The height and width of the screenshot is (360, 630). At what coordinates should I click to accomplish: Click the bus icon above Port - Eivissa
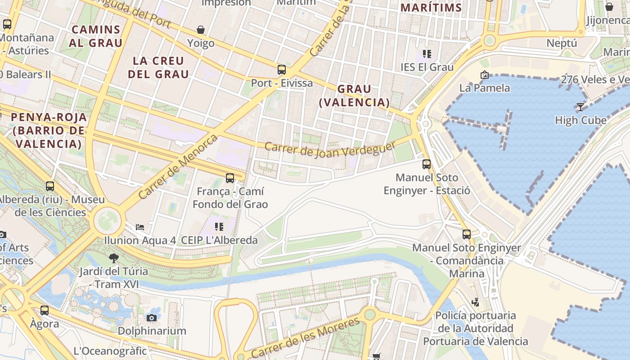tap(282, 70)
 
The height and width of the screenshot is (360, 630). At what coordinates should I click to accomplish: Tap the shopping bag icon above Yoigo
tap(201, 30)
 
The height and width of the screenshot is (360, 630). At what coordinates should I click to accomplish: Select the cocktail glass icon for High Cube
tap(580, 107)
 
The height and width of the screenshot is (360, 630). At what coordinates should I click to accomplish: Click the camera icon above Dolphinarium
tap(152, 318)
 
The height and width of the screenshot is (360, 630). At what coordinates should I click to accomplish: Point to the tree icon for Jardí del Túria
tap(113, 258)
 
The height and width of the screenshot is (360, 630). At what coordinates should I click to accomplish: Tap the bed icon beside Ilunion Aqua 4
tap(140, 227)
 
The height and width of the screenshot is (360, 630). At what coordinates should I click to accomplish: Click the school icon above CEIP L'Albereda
tap(219, 226)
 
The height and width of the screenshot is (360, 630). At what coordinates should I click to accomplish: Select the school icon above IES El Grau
tap(427, 54)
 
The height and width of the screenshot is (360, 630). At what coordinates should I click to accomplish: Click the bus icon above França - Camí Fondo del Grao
tap(230, 178)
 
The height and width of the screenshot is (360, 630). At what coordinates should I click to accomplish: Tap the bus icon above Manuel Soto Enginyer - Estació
tap(427, 164)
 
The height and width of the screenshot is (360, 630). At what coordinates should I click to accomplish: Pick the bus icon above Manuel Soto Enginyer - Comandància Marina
tap(467, 234)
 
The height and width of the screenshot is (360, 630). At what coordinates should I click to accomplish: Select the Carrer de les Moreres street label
tap(306, 337)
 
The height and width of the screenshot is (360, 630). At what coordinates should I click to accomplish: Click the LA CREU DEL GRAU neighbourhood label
tap(158, 67)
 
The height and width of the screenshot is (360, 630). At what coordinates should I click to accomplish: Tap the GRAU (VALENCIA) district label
tap(354, 95)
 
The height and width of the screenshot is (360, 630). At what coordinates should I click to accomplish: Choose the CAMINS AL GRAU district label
tap(96, 36)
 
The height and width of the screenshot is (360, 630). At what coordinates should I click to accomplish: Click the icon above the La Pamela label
tap(485, 75)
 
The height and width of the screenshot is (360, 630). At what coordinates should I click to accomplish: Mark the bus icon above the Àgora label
tap(45, 310)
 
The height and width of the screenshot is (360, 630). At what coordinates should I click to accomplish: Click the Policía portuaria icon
tap(475, 302)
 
